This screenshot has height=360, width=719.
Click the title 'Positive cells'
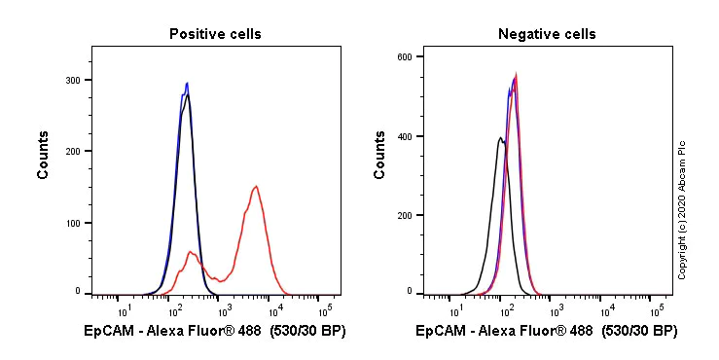(215, 34)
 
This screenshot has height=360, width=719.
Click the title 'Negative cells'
(547, 34)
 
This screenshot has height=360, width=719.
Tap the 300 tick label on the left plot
(71, 81)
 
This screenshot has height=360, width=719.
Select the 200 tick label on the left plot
(71, 152)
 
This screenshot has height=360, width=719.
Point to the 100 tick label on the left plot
(71, 223)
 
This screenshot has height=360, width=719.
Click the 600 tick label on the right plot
(402, 56)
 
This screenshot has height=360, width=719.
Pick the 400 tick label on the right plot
(402, 136)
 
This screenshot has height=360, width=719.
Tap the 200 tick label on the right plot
(402, 215)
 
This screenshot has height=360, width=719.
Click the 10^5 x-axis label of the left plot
(325, 310)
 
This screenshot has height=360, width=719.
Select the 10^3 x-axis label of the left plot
(225, 310)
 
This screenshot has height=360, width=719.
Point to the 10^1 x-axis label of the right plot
(455, 310)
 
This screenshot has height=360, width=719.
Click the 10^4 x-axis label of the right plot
(606, 310)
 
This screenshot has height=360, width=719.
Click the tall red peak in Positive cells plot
(255, 187)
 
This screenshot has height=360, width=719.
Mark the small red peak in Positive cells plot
(191, 252)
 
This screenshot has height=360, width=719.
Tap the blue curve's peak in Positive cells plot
(187, 84)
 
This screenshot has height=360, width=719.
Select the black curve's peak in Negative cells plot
(499, 138)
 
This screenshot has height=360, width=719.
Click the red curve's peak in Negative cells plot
(516, 75)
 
